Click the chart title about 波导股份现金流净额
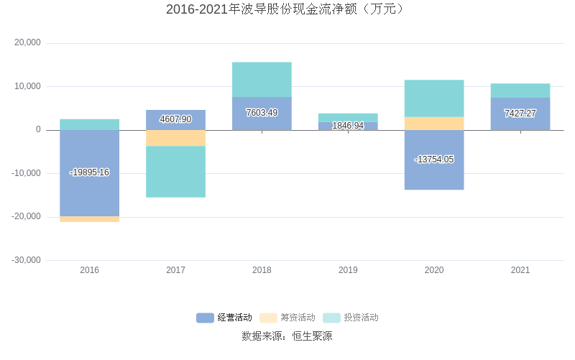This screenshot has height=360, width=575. pyautogui.click(x=287, y=9)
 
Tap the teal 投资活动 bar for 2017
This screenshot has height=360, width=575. pyautogui.click(x=175, y=172)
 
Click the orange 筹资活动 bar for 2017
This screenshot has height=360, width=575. pyautogui.click(x=175, y=138)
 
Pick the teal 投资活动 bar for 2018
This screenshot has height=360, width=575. pyautogui.click(x=262, y=80)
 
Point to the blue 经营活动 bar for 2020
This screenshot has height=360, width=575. pyautogui.click(x=434, y=176)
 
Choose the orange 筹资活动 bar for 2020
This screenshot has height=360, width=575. pyautogui.click(x=434, y=124)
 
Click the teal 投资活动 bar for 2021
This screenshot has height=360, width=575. pyautogui.click(x=520, y=91)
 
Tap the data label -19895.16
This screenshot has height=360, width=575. pyautogui.click(x=89, y=172)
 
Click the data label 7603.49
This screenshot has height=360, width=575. pyautogui.click(x=262, y=113)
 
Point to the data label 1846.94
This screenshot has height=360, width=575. pyautogui.click(x=348, y=126)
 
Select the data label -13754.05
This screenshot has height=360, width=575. pyautogui.click(x=434, y=160)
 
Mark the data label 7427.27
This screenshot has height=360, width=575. pyautogui.click(x=520, y=114)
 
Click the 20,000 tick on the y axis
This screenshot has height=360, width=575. pyautogui.click(x=28, y=43)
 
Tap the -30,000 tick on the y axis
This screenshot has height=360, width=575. pyautogui.click(x=27, y=260)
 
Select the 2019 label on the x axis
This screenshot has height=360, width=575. pyautogui.click(x=348, y=270)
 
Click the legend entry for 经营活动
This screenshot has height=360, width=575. pyautogui.click(x=224, y=318)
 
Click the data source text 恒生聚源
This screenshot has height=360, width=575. pyautogui.click(x=312, y=336)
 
